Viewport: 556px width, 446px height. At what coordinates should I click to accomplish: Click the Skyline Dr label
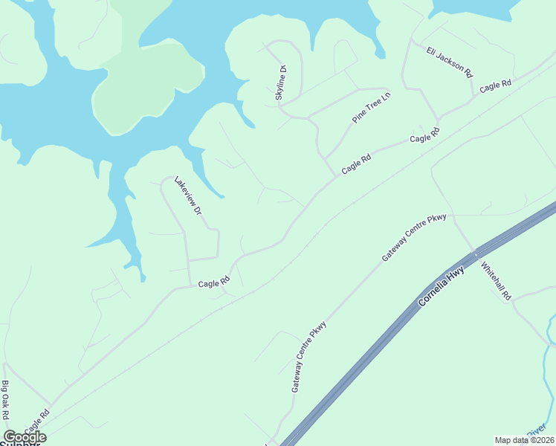(x=281, y=83)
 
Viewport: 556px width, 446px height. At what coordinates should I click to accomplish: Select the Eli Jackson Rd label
(x=450, y=62)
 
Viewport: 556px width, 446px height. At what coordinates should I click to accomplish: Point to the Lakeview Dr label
(x=188, y=196)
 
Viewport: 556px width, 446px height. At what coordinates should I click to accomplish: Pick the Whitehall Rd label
(x=497, y=280)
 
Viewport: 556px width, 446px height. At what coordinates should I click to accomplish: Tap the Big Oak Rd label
(x=5, y=401)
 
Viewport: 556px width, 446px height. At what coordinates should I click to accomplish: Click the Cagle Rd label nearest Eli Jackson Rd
(x=495, y=86)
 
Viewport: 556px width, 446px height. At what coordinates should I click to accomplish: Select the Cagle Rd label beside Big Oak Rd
(x=36, y=421)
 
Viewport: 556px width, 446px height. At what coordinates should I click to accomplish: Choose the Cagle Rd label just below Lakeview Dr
(x=214, y=282)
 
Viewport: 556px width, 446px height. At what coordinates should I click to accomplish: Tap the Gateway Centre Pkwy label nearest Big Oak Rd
(x=309, y=356)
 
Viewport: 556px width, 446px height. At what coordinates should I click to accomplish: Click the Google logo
(x=25, y=437)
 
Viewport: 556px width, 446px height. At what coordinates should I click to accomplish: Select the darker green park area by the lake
(x=149, y=82)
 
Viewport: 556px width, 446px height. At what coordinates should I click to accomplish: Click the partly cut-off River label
(x=537, y=432)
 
